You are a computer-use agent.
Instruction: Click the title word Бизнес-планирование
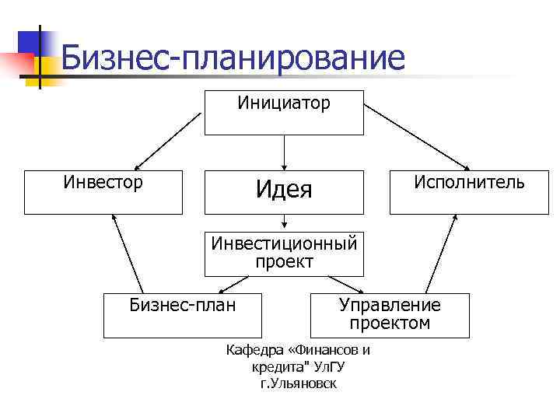(233, 58)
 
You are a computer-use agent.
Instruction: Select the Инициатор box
(284, 113)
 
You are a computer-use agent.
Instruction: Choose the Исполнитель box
(469, 191)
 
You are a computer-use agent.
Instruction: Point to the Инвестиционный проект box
(284, 254)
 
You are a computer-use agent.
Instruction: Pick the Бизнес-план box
(183, 315)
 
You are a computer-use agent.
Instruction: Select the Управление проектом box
(390, 315)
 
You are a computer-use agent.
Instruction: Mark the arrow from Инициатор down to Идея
(285, 152)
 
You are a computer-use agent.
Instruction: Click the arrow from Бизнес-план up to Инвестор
(128, 253)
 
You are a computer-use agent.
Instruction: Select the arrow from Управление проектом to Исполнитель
(439, 253)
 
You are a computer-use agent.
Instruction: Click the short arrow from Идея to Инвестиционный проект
(285, 222)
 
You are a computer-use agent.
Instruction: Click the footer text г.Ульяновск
(299, 384)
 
